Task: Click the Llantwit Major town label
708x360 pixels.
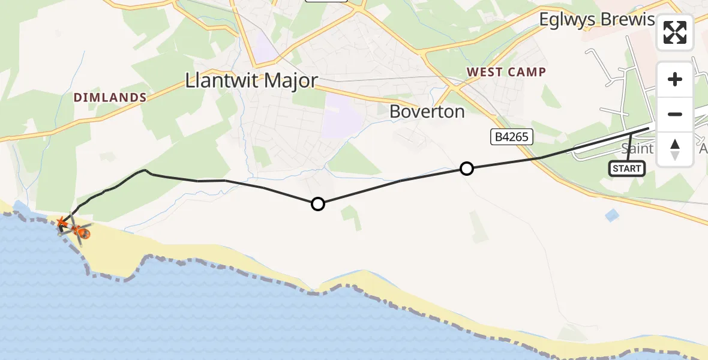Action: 251,81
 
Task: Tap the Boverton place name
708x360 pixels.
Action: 427,112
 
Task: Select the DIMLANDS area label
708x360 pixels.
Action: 110,97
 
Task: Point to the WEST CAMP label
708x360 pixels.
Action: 506,72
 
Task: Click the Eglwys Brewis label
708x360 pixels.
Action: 596,20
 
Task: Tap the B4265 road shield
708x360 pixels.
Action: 511,137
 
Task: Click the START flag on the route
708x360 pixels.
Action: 627,169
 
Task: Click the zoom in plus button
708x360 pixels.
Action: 675,79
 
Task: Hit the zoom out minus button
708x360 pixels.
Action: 675,114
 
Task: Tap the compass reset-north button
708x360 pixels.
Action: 675,149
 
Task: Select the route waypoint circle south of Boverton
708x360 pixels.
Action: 466,169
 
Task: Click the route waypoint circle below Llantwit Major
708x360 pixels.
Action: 318,204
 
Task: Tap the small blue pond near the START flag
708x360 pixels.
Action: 611,215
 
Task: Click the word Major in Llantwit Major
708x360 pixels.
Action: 285,81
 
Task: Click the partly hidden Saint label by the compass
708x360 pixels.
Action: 637,148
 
